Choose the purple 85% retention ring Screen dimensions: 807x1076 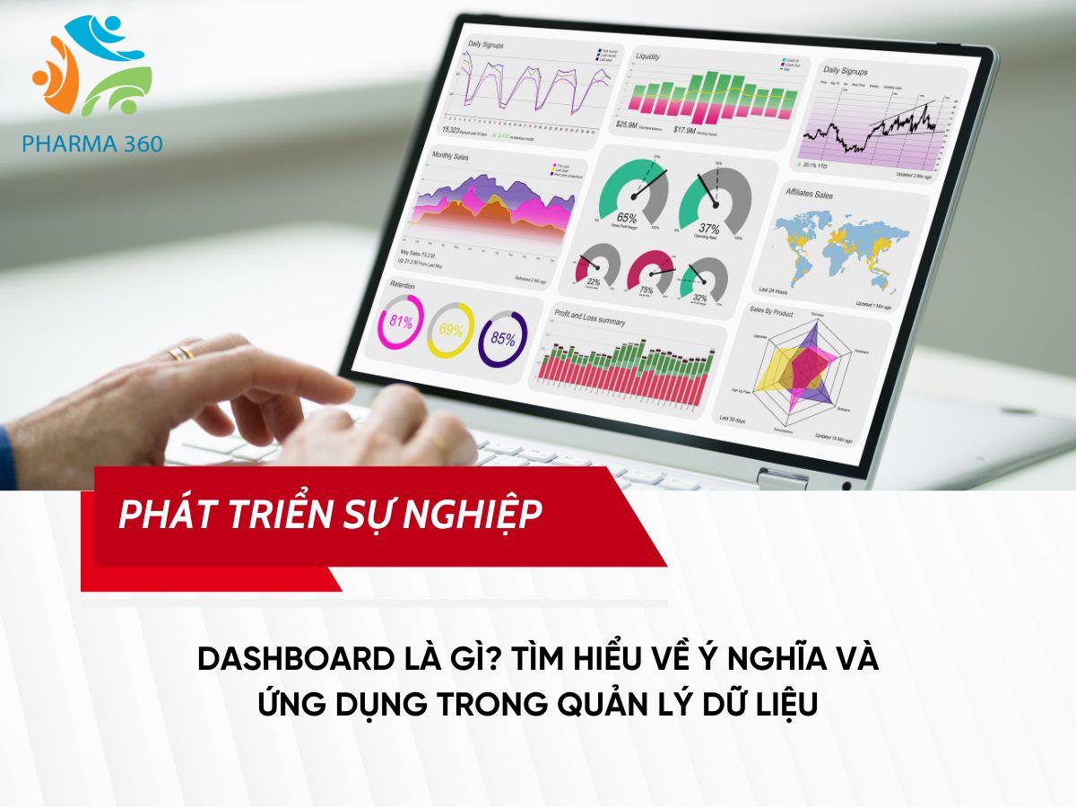point(502,337)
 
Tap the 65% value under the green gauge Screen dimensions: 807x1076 point(627,218)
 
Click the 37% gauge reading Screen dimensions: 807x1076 point(709,227)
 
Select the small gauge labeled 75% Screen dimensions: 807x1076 point(646,290)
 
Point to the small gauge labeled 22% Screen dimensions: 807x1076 point(593,282)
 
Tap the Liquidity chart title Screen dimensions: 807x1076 point(648,56)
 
